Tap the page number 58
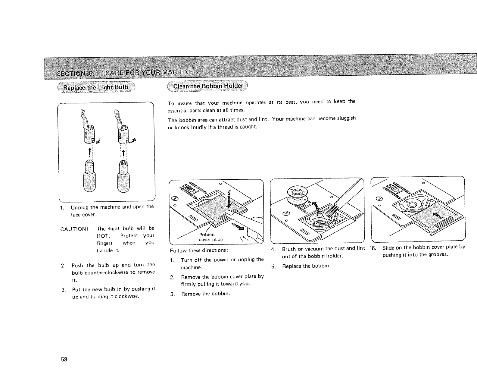coord(64,359)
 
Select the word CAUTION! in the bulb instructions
coord(74,229)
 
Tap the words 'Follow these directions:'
coord(199,251)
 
